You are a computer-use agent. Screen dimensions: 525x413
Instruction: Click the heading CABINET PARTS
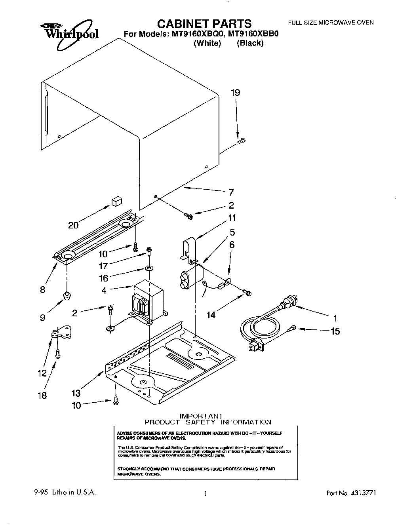202,23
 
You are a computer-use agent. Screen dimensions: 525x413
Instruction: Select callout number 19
235,93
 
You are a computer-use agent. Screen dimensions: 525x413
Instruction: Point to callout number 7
231,192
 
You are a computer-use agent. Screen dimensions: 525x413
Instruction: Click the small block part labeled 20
116,202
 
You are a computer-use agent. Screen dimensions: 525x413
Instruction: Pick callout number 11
232,218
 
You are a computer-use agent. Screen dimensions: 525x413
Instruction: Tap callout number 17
103,266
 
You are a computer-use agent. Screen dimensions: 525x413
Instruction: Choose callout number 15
335,331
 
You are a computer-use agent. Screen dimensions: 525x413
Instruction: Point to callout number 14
211,315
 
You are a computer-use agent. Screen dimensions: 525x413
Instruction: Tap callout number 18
42,395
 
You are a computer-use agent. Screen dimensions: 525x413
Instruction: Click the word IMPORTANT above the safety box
202,415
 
